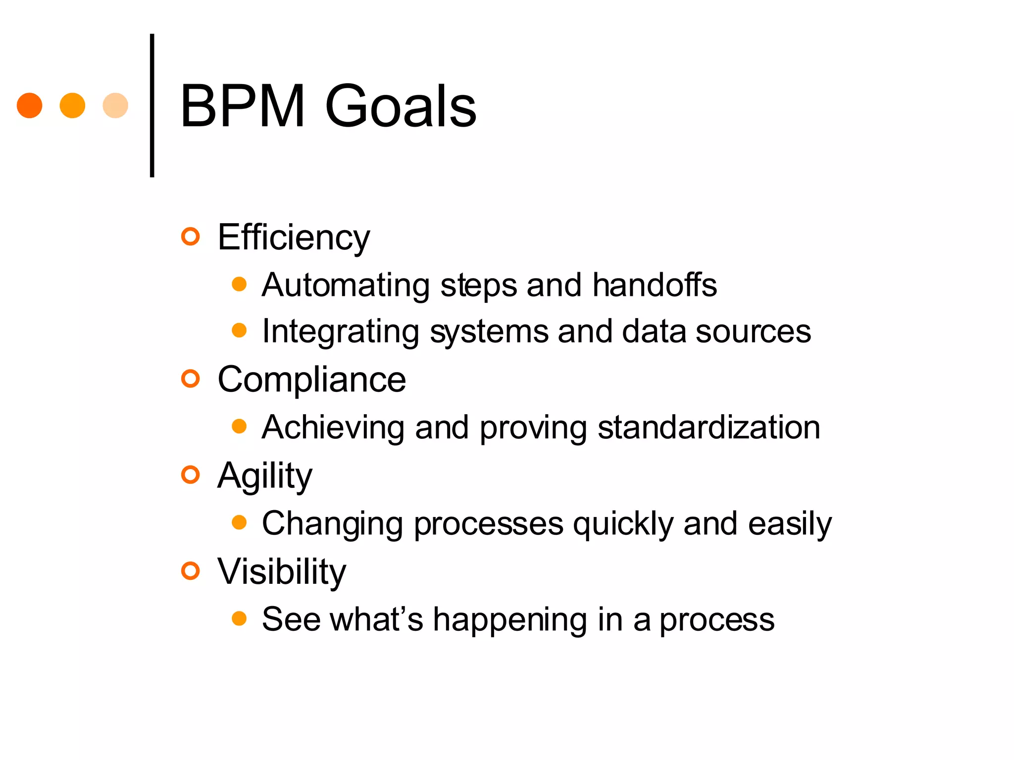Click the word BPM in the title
point(243,106)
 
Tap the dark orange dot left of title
point(30,105)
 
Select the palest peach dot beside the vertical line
point(115,105)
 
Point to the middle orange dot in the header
point(72,105)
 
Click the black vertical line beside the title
point(152,105)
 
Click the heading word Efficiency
point(294,238)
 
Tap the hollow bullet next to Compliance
point(190,379)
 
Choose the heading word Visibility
point(282,572)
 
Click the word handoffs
point(655,285)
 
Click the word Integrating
point(341,332)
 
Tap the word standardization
point(709,427)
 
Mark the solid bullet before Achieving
point(239,427)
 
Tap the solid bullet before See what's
point(239,618)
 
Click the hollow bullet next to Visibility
point(190,571)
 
